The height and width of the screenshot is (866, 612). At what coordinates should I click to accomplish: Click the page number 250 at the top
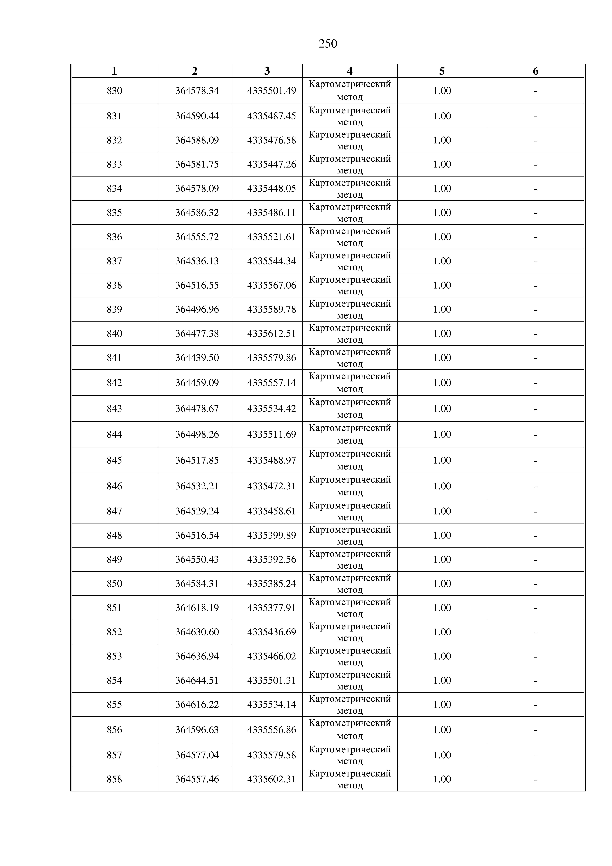[x=328, y=44]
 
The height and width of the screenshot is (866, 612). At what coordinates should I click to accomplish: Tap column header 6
[x=535, y=71]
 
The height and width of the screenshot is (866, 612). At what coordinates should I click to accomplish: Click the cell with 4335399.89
[x=272, y=535]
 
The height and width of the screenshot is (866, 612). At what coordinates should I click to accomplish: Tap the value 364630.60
[x=197, y=632]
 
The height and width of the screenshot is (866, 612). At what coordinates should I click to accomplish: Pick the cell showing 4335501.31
[x=272, y=680]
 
